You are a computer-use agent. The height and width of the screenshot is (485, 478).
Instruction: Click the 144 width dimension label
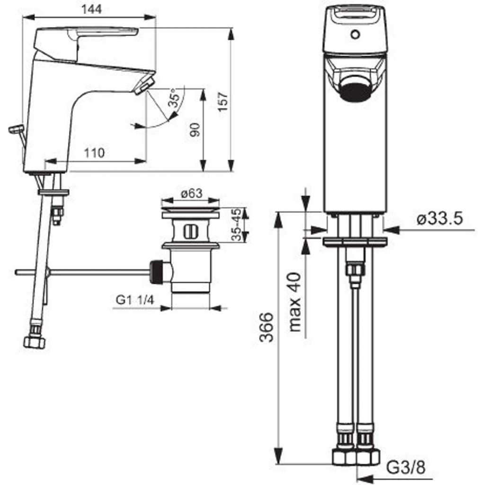tap(91, 9)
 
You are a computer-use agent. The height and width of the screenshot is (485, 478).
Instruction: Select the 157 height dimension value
tap(222, 102)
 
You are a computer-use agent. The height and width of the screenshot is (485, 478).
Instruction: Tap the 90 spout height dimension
tap(195, 130)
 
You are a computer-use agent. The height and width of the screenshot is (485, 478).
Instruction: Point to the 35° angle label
tap(175, 98)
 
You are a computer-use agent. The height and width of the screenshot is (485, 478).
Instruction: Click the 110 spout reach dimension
tap(94, 153)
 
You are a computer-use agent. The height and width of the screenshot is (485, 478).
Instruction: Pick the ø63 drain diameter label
tap(192, 194)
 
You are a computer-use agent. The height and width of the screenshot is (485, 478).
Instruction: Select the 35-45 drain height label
tap(236, 225)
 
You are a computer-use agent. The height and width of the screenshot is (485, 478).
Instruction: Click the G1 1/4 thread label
tap(134, 300)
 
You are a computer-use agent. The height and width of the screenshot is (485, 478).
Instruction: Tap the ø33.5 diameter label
tap(440, 219)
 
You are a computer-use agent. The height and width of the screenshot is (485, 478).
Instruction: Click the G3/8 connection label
tap(406, 468)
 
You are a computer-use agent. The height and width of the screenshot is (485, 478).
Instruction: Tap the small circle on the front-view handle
tap(355, 34)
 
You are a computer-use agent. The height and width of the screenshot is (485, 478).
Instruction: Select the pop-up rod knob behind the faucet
tap(16, 129)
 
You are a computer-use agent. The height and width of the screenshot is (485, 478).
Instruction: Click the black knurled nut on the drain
tap(157, 272)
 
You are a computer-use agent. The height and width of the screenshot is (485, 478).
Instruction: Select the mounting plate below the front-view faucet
tap(355, 242)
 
